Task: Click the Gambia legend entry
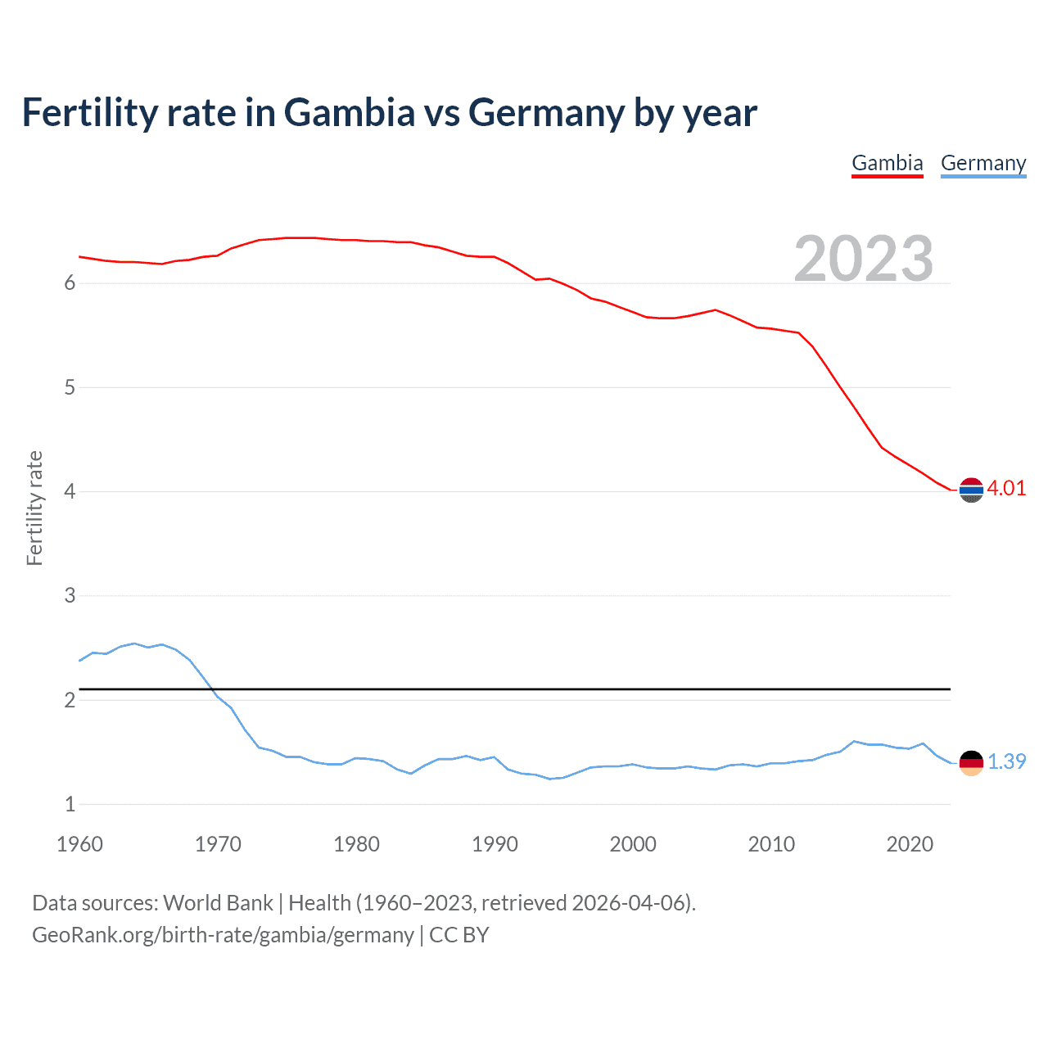887,163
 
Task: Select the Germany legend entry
982,163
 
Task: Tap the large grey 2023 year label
863,259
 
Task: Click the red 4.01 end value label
1006,488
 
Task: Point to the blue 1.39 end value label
1006,761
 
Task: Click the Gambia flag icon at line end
971,490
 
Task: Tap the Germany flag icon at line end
971,762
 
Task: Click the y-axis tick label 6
70,283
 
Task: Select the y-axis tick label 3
70,596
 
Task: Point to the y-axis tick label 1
70,804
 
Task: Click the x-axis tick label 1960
79,844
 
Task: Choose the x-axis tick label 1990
495,844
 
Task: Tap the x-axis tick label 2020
910,844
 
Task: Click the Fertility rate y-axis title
34,508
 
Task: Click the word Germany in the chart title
546,113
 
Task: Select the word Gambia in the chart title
350,113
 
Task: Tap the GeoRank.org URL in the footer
223,935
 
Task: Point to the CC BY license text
458,935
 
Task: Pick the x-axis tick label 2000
633,844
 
